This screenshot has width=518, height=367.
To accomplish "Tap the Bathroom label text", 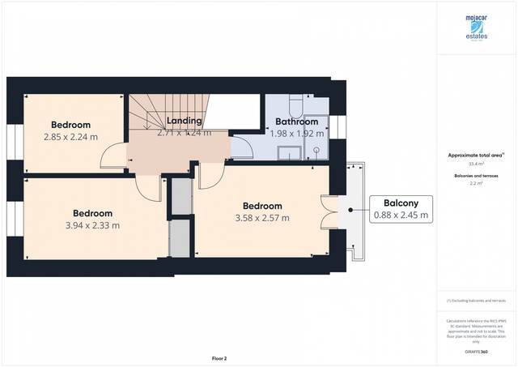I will click(x=297, y=122).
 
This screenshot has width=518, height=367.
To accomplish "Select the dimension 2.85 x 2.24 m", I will click(x=71, y=137).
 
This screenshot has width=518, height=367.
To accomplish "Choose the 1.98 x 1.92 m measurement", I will click(x=297, y=133).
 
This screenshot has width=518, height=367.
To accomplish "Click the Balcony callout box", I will click(x=401, y=209).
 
